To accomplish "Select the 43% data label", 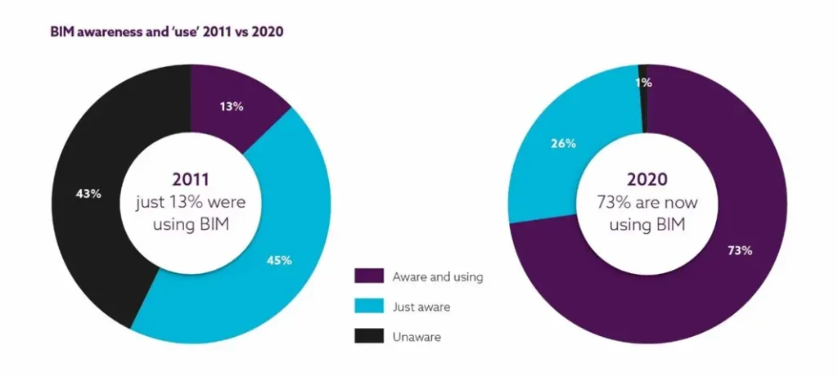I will (89, 194).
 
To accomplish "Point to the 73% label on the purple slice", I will (739, 250).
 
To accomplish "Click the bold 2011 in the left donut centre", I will (191, 179).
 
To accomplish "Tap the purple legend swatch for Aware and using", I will (365, 276).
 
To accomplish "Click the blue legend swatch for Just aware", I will (365, 307).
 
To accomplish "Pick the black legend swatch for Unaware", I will (365, 336).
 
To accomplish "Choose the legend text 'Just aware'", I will (421, 307).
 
